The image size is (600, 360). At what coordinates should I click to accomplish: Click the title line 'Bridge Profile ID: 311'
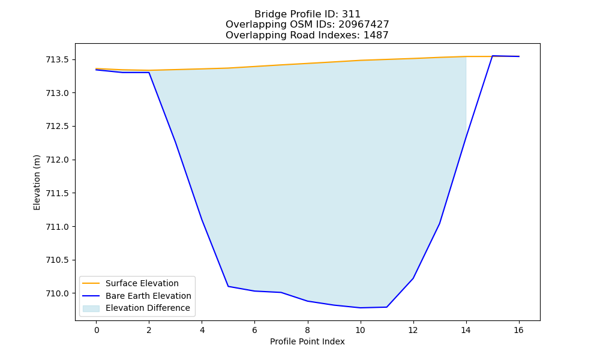tap(307, 14)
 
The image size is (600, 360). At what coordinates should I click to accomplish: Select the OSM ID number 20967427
tap(364, 25)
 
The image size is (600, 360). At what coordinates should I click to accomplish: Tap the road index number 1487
tap(376, 35)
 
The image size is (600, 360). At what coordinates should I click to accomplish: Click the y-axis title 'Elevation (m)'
tap(37, 182)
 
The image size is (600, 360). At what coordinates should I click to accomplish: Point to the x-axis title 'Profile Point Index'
tap(307, 341)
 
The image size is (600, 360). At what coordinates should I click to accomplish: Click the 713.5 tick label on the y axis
tap(58, 59)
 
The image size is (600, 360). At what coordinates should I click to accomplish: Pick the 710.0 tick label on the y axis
tap(58, 293)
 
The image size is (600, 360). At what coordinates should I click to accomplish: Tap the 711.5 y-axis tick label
tap(58, 193)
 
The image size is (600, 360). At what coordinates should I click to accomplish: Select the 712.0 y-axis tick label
tap(58, 160)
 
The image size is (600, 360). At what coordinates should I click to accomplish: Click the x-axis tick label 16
tap(518, 330)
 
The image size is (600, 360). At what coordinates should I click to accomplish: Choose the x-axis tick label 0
tap(97, 330)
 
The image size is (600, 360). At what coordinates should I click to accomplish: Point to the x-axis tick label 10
tap(360, 330)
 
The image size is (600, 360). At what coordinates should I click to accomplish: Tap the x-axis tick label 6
tap(254, 330)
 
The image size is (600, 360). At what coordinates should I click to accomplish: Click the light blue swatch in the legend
tap(91, 308)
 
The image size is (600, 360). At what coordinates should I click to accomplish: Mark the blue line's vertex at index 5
tap(228, 286)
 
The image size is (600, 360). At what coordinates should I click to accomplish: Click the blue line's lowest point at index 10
tap(360, 308)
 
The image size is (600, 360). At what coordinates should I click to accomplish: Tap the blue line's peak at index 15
tap(493, 56)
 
